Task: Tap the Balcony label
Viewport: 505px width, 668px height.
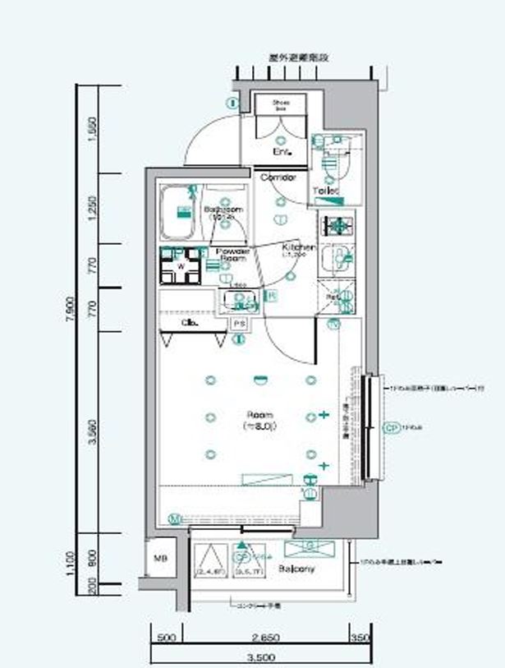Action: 293,569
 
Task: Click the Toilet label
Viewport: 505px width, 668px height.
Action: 324,192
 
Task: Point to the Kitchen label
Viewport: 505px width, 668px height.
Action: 296,247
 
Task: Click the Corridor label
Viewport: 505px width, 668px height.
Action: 277,177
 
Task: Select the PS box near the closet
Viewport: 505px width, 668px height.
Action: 240,324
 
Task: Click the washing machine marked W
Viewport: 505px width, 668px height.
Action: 181,265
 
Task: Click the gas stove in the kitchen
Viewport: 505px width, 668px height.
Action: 337,224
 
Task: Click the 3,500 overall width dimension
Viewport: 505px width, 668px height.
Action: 260,657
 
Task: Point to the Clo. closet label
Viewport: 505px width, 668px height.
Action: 187,323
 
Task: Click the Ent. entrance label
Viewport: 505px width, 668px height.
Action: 281,152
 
